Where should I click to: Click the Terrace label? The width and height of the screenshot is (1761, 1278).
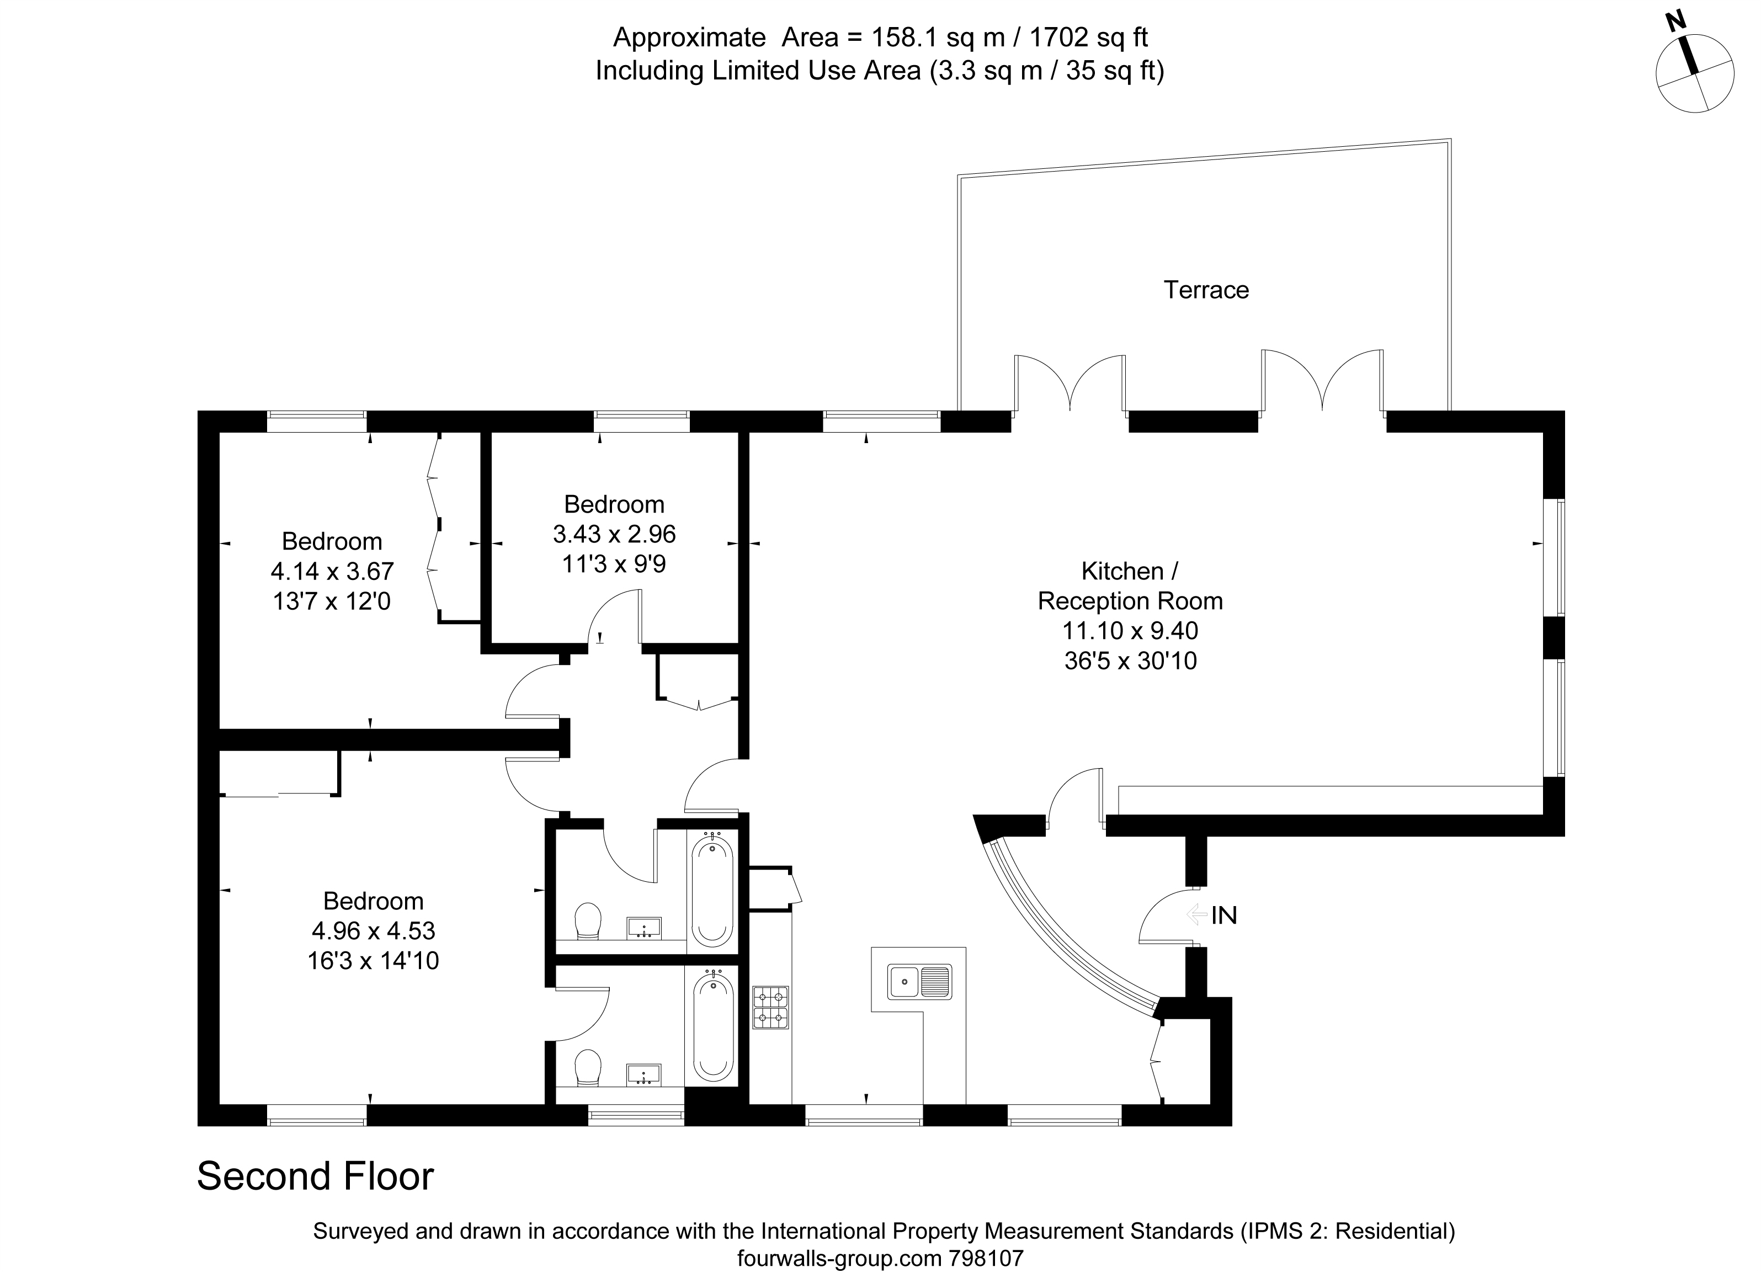pos(1206,290)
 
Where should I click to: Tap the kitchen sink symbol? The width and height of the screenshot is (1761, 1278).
pos(919,982)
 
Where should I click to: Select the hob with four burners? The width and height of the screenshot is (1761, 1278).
pos(770,1007)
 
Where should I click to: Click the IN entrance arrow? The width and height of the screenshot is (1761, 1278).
pos(1194,915)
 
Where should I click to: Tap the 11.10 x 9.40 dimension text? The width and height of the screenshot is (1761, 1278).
pos(1131,631)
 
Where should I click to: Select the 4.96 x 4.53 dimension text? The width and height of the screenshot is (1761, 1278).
pos(374,930)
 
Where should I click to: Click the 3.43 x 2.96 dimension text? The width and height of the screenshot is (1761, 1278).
pos(614,534)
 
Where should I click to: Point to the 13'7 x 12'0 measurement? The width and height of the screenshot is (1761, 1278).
pos(332,601)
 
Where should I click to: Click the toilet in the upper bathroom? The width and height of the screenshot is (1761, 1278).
pos(588,921)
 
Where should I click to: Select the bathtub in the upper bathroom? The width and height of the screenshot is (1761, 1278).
pos(712,889)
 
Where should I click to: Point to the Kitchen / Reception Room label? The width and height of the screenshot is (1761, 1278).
pos(1131,586)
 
